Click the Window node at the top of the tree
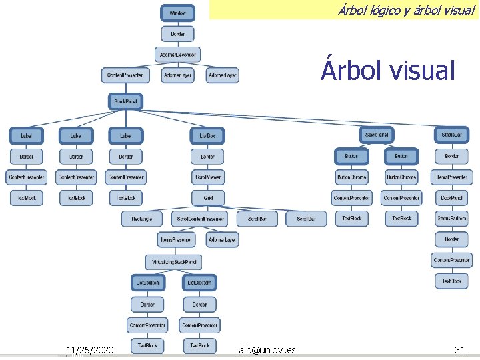(x=178, y=13)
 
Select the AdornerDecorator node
(x=178, y=54)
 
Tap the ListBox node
(x=207, y=135)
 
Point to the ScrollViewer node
(x=207, y=177)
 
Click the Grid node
(x=207, y=198)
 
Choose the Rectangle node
(x=141, y=219)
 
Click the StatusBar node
(x=451, y=135)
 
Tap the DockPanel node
(x=451, y=197)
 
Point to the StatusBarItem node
(x=451, y=218)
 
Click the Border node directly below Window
(x=178, y=33)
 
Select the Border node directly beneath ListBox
(x=207, y=157)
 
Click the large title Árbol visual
(x=387, y=69)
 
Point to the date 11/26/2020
(x=89, y=349)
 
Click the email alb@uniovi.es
(x=268, y=349)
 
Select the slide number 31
(x=459, y=349)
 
